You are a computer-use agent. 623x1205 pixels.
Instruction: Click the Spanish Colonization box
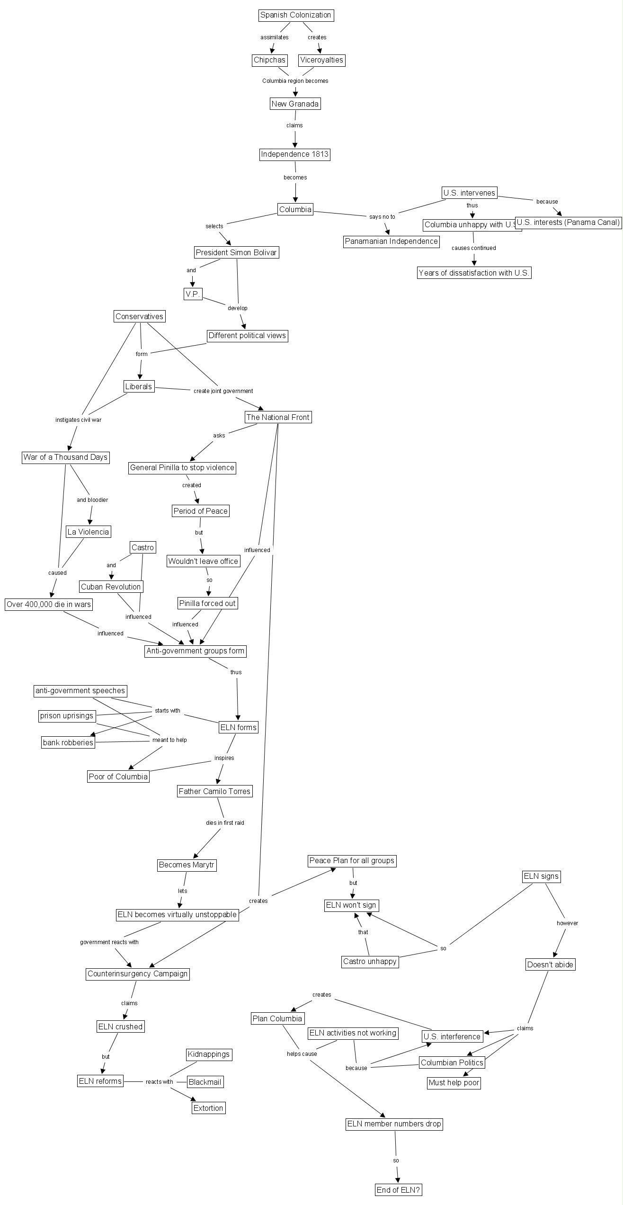(296, 15)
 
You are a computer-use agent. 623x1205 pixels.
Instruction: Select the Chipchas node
(269, 60)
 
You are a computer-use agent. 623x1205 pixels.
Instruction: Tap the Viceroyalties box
(321, 60)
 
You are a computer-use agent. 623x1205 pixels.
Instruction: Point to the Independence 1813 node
(294, 154)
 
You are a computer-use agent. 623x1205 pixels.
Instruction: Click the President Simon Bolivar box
(236, 252)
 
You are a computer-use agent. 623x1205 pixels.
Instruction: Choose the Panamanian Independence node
(391, 241)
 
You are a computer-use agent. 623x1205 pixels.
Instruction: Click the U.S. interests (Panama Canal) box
(568, 222)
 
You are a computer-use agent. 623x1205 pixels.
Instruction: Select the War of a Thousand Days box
(65, 457)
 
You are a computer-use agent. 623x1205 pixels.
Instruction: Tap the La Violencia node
(88, 532)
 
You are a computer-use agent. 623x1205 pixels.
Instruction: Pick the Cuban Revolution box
(111, 587)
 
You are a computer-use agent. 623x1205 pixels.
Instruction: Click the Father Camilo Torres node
(214, 791)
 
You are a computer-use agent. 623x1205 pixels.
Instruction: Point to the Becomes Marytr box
(187, 865)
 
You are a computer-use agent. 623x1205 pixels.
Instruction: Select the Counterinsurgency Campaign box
(138, 974)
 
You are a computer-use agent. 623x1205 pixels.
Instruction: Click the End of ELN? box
(398, 1190)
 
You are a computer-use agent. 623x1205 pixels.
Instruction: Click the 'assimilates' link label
(274, 37)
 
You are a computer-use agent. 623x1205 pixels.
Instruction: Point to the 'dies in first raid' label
(225, 822)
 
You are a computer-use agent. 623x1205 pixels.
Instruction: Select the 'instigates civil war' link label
(78, 420)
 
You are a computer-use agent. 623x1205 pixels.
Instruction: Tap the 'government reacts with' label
(109, 942)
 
